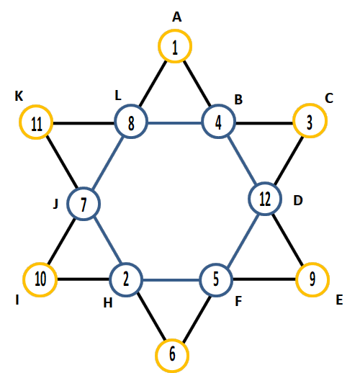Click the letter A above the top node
click(x=177, y=17)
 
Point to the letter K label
click(x=19, y=96)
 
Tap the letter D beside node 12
click(x=298, y=200)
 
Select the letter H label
click(x=108, y=303)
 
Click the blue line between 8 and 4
click(x=175, y=123)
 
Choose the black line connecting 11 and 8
click(x=84, y=123)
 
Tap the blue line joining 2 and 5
click(x=171, y=280)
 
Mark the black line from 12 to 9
click(x=288, y=239)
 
